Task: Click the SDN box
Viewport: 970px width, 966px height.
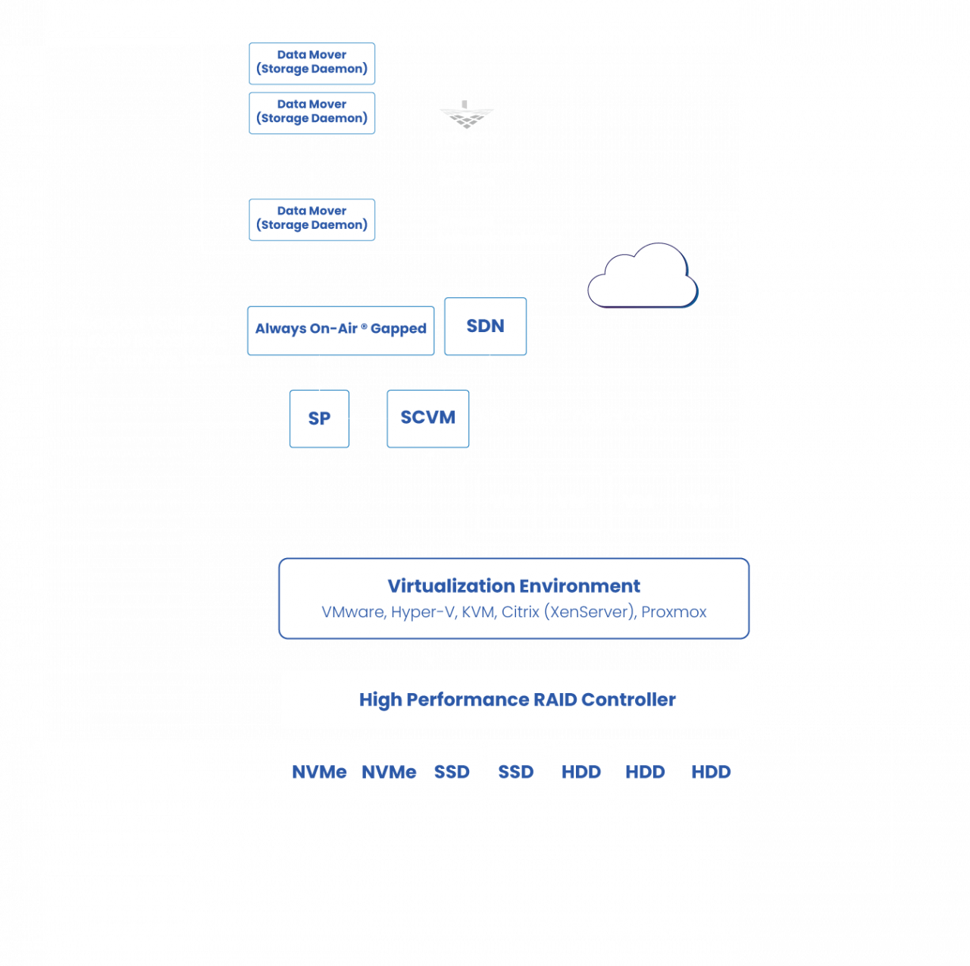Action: point(485,326)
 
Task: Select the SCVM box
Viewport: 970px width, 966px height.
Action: point(427,418)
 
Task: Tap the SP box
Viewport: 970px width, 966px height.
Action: point(319,419)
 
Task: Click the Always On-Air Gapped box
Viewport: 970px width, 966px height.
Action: point(340,330)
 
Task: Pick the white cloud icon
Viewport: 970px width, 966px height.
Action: point(643,278)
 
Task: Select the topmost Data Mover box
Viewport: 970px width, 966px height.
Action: point(311,63)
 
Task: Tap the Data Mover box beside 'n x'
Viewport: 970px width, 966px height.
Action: point(311,219)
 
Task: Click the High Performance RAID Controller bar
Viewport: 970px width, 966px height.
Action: point(517,699)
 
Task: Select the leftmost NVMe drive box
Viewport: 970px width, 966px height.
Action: point(319,773)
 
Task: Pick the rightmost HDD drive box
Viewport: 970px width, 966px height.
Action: point(710,773)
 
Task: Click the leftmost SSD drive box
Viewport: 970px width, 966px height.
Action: point(452,773)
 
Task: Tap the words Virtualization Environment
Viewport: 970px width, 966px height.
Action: point(514,586)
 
